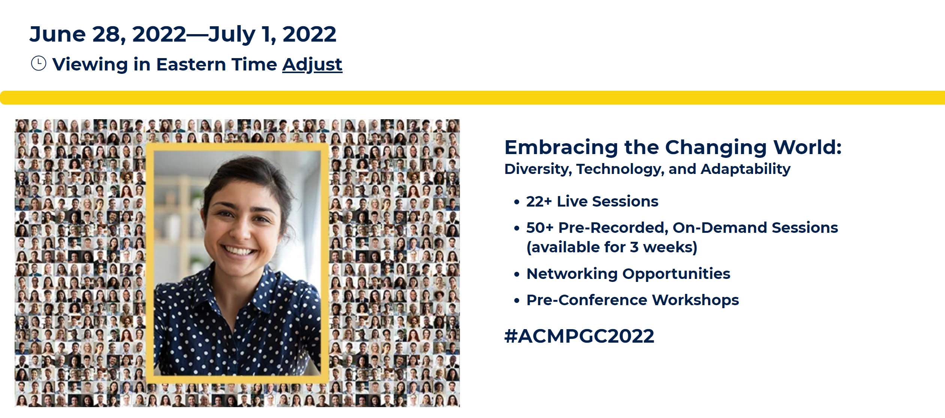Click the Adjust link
tap(312, 64)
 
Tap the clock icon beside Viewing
tap(39, 63)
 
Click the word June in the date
tap(58, 34)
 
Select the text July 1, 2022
tap(272, 35)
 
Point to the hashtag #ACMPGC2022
tap(579, 336)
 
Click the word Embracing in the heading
tap(561, 147)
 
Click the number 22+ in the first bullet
tap(539, 201)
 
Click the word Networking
tap(572, 274)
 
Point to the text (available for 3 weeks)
tap(612, 247)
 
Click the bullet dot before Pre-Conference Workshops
tap(517, 301)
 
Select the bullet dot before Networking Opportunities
tap(517, 274)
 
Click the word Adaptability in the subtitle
tap(746, 169)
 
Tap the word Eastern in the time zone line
tap(191, 64)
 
